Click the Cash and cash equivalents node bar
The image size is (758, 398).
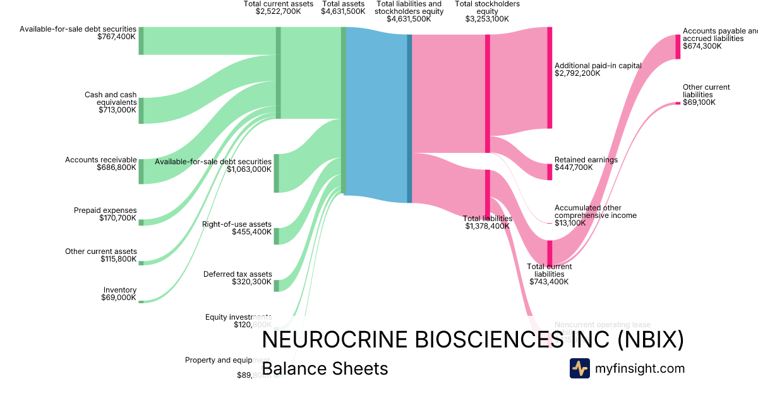tap(141, 111)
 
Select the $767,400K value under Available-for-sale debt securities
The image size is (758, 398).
tap(117, 37)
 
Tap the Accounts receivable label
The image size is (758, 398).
tap(100, 164)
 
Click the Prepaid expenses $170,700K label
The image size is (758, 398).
tap(105, 214)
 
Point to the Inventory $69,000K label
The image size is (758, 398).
tap(119, 294)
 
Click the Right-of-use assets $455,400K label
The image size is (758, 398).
tap(237, 228)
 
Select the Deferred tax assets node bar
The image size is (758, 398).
tap(277, 285)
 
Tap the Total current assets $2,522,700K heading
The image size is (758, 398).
tap(279, 8)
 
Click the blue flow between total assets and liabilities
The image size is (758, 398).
tap(376, 114)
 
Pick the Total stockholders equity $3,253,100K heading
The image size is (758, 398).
tap(487, 11)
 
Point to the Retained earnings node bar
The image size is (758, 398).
tap(550, 172)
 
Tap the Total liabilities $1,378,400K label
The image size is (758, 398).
tap(488, 222)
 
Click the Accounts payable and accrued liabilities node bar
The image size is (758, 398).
tap(678, 47)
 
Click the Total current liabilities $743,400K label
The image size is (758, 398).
tap(549, 274)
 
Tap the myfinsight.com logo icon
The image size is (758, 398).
tap(579, 368)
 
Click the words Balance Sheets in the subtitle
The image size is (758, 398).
tap(325, 368)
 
